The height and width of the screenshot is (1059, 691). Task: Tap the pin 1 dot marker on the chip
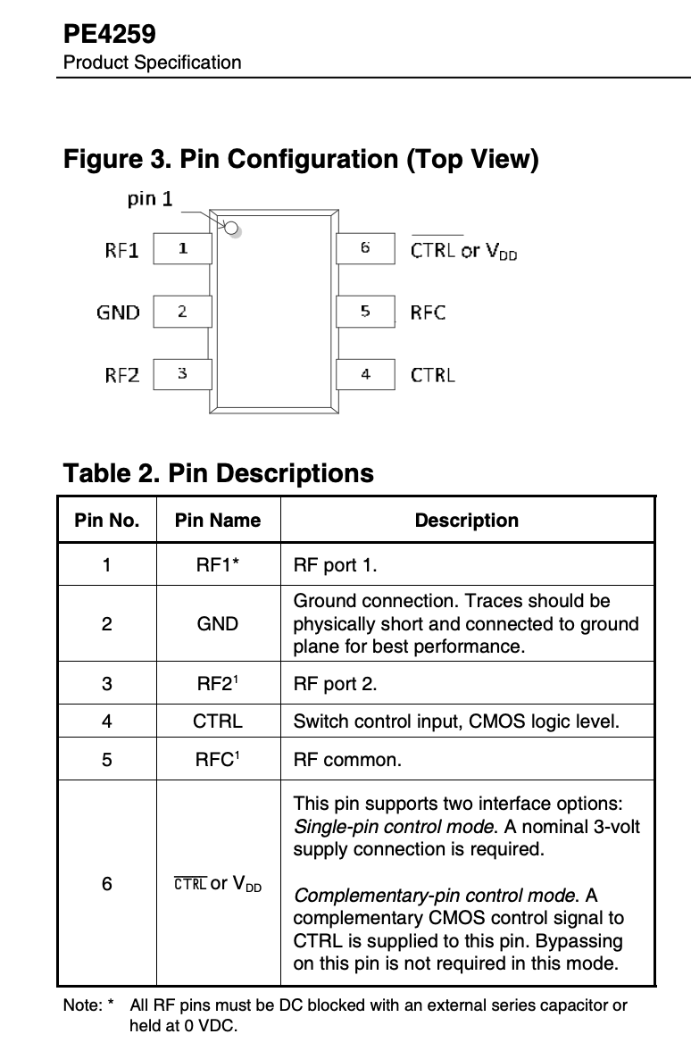(x=232, y=229)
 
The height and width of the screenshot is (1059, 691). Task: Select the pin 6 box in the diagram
(x=365, y=248)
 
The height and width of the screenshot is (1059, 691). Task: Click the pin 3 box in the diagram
(x=182, y=373)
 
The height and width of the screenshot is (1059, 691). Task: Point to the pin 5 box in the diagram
(x=365, y=311)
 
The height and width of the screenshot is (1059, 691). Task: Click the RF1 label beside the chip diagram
(x=121, y=250)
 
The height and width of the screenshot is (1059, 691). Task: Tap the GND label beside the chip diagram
(x=118, y=312)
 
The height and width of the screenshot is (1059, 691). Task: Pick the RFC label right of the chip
(x=428, y=312)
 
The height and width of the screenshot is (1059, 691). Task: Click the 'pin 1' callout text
(x=150, y=198)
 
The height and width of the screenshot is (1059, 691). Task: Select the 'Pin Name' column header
(x=218, y=520)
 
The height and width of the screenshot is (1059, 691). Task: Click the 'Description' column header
(x=466, y=520)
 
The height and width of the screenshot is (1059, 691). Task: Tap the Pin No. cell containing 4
(x=107, y=720)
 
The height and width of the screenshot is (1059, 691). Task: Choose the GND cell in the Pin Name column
(x=218, y=623)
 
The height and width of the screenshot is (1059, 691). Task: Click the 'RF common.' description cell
(x=347, y=761)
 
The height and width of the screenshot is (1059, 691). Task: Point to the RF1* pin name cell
(x=218, y=564)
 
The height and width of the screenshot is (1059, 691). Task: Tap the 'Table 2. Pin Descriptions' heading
(x=218, y=472)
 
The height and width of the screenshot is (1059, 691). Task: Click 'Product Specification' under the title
(x=152, y=63)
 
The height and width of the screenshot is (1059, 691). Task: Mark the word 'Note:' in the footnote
(x=83, y=1005)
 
